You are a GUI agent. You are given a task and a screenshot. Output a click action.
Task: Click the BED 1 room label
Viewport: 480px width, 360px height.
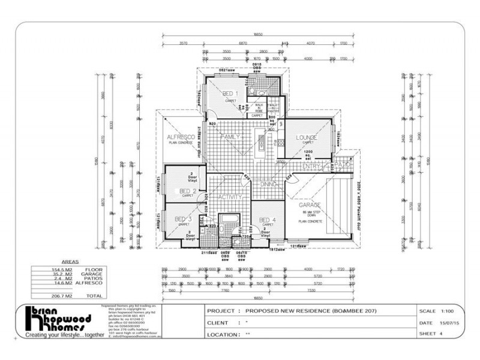pyautogui.click(x=230, y=94)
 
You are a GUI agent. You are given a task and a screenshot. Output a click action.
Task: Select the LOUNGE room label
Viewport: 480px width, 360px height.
pyautogui.click(x=306, y=137)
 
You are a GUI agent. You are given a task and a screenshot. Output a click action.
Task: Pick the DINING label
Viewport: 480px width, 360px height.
pyautogui.click(x=268, y=185)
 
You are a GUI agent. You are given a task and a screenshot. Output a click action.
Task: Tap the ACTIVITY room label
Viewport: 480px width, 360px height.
pyautogui.click(x=229, y=197)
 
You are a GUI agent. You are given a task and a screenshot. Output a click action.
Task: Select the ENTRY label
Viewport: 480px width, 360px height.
pyautogui.click(x=311, y=166)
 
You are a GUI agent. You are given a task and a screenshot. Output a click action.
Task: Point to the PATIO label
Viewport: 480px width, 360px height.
pyautogui.click(x=342, y=164)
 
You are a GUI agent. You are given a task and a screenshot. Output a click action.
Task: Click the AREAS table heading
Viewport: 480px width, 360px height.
pyautogui.click(x=71, y=262)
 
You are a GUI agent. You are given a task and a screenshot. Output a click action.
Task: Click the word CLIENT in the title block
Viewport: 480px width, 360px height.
pyautogui.click(x=222, y=323)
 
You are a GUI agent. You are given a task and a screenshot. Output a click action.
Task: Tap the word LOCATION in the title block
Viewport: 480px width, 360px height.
pyautogui.click(x=226, y=334)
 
